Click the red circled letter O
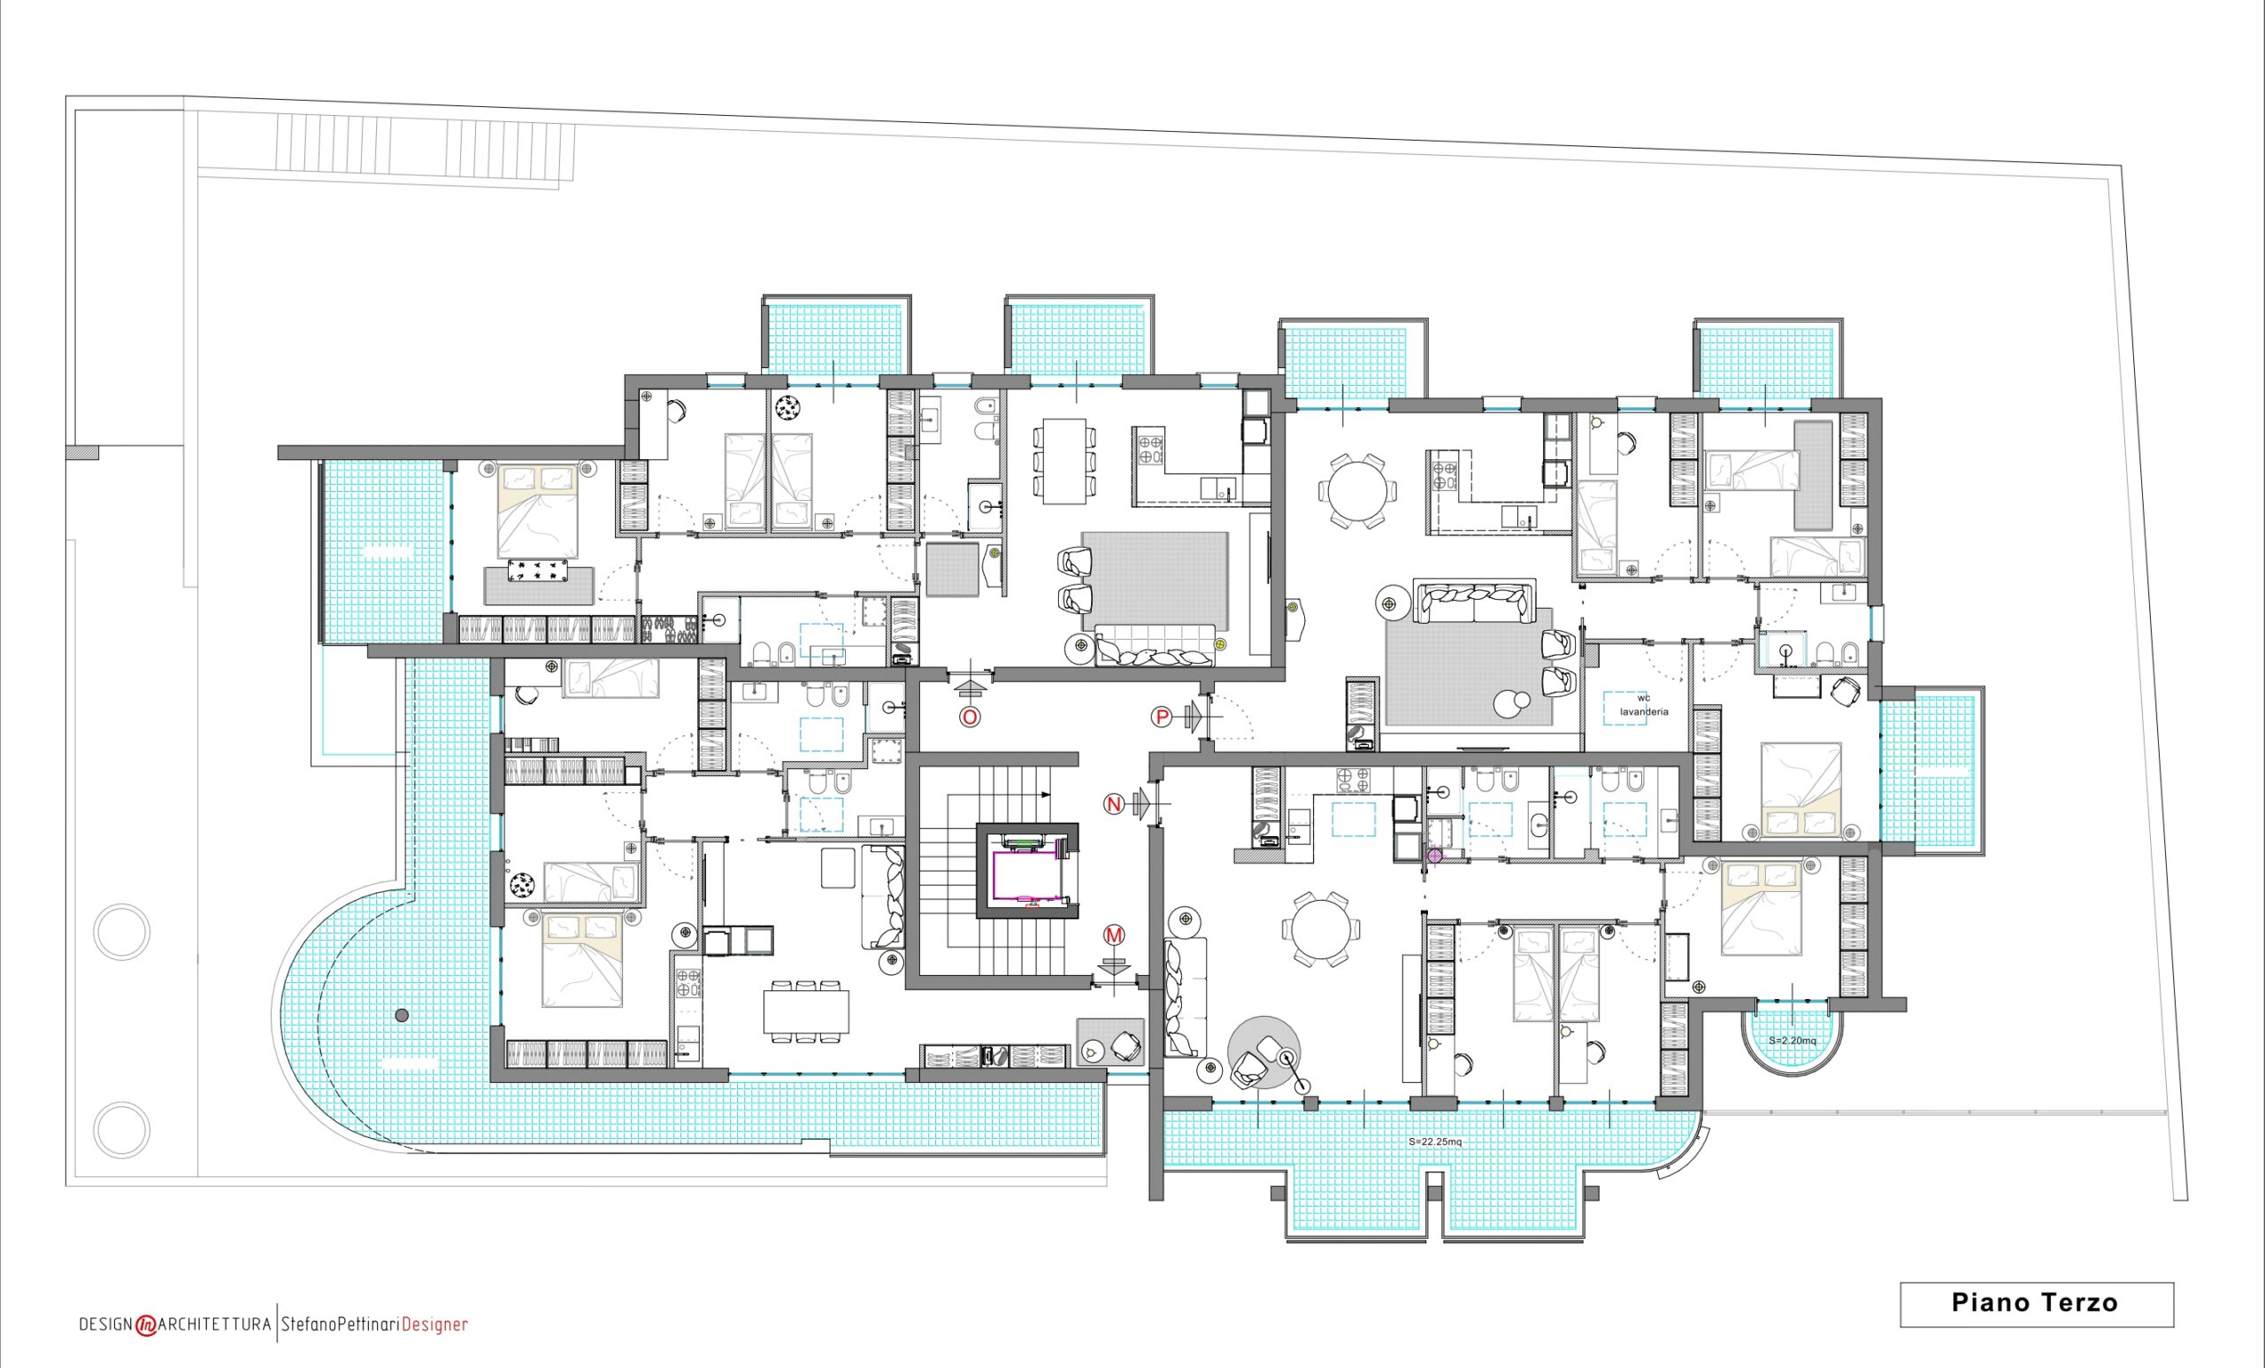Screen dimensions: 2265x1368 pyautogui.click(x=970, y=716)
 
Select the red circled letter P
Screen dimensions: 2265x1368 pyautogui.click(x=1162, y=716)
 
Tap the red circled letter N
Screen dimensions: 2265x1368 pyautogui.click(x=1113, y=804)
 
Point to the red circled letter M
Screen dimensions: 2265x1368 pyautogui.click(x=1114, y=936)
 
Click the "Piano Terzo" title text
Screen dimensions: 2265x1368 pyautogui.click(x=2034, y=1303)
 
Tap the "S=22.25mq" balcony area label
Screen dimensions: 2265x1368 pyautogui.click(x=1435, y=1141)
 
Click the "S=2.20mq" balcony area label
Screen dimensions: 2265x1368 pyautogui.click(x=1793, y=1041)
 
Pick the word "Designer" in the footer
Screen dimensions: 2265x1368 pyautogui.click(x=434, y=1325)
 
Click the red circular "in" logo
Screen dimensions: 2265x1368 pyautogui.click(x=146, y=1326)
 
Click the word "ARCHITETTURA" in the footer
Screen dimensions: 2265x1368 pyautogui.click(x=215, y=1325)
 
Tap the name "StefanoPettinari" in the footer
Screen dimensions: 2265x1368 pyautogui.click(x=341, y=1325)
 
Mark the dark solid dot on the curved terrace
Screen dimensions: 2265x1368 pyautogui.click(x=402, y=1016)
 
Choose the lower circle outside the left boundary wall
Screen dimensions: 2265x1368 pyautogui.click(x=121, y=1130)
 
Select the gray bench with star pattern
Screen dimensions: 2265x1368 pyautogui.click(x=540, y=585)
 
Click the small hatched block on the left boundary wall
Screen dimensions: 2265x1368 pyautogui.click(x=81, y=453)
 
